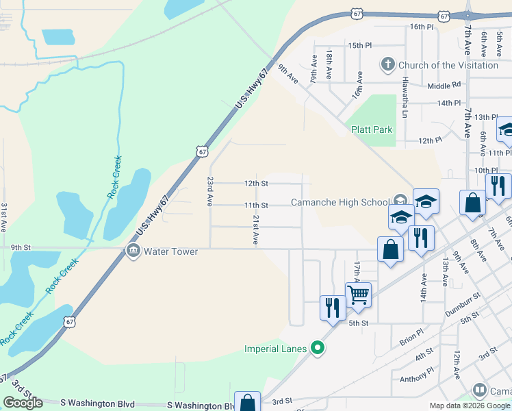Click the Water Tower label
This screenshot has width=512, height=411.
click(x=170, y=251)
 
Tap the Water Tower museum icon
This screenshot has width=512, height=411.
click(x=133, y=251)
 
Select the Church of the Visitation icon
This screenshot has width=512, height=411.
click(x=388, y=65)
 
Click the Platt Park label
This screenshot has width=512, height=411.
click(x=372, y=129)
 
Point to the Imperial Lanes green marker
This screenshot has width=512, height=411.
click(x=317, y=349)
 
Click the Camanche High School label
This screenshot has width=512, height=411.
click(x=340, y=202)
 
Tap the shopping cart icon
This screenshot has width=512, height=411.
click(x=358, y=295)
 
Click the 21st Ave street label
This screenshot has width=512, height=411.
click(x=255, y=229)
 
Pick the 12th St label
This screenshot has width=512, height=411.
click(x=256, y=184)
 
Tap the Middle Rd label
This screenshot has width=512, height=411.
click(x=444, y=86)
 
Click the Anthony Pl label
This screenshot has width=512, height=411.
click(x=417, y=375)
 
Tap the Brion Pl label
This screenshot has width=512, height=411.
click(x=411, y=336)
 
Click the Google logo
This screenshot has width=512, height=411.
click(x=23, y=403)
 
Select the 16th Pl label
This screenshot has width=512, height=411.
click(x=422, y=27)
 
